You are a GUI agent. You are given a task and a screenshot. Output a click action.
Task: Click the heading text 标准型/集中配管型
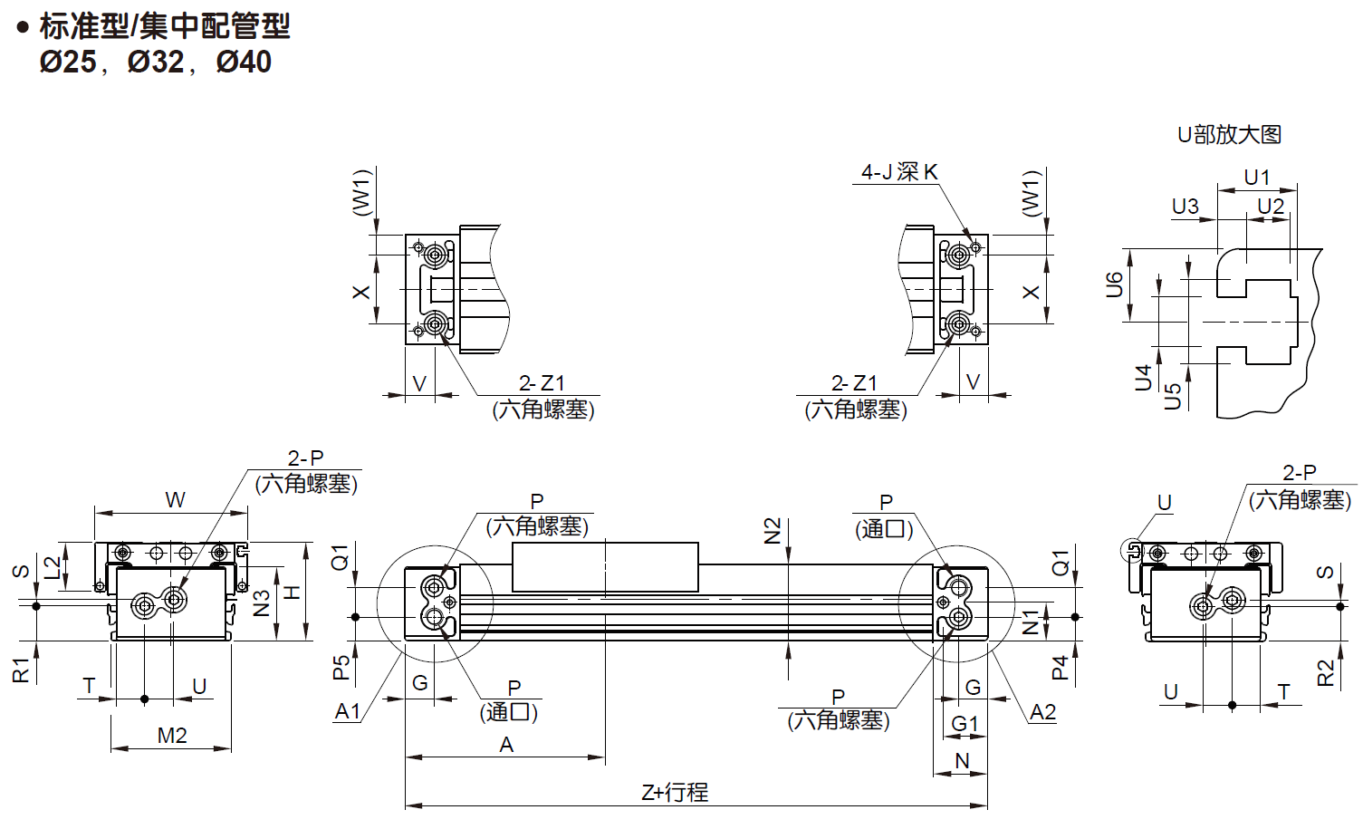(x=164, y=26)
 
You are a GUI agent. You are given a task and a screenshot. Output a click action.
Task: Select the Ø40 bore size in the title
(x=244, y=62)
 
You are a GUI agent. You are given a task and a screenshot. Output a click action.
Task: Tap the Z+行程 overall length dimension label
(x=675, y=792)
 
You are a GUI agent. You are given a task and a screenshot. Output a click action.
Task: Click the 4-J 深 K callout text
(x=898, y=171)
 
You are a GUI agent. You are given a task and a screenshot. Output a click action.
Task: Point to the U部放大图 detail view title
(x=1229, y=134)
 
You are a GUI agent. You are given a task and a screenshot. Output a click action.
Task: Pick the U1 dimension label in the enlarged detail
(x=1256, y=177)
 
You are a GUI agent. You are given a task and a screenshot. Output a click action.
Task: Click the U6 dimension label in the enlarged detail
(x=1115, y=284)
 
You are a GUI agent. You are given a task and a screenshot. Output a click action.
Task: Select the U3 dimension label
(x=1185, y=207)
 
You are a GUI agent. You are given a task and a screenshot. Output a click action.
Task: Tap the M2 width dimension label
(x=172, y=735)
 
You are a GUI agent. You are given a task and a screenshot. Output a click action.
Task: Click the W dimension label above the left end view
(x=175, y=499)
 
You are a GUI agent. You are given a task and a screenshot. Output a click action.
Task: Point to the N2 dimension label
(x=773, y=530)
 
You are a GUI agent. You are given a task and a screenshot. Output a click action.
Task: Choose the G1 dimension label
(x=965, y=723)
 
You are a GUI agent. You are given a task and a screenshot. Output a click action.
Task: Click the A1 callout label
(x=348, y=711)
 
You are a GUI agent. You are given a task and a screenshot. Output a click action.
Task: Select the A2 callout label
(x=1042, y=712)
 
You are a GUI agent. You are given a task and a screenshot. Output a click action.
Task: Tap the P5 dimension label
(x=341, y=668)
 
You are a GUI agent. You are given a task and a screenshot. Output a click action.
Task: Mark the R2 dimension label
(x=1326, y=672)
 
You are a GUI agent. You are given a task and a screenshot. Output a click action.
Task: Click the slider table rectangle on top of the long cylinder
(x=605, y=566)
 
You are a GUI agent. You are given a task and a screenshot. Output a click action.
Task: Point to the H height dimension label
(x=293, y=593)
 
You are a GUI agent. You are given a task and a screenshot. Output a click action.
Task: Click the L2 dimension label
(x=53, y=566)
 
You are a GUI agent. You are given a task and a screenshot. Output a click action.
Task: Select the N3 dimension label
(x=262, y=602)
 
